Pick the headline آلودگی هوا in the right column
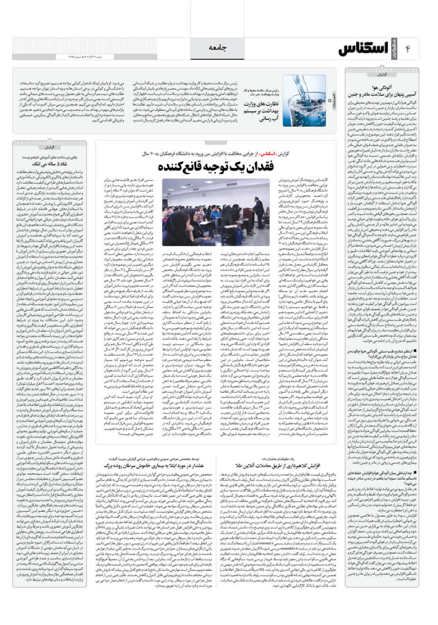point(379,86)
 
